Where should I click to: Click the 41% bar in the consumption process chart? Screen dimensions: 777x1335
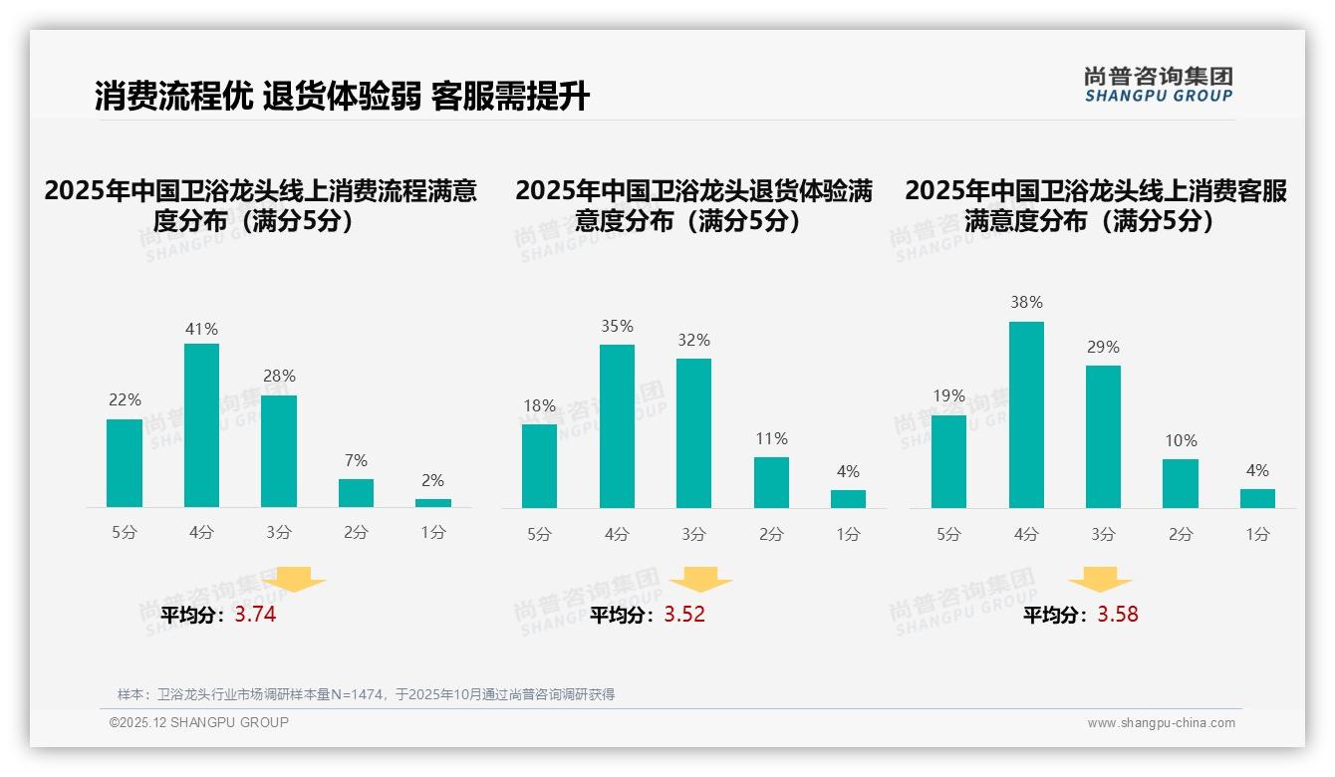(x=201, y=425)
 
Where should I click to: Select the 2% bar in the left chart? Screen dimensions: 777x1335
(x=433, y=503)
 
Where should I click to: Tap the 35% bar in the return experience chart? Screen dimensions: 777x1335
(x=617, y=426)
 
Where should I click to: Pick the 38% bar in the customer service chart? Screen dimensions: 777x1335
(x=1026, y=414)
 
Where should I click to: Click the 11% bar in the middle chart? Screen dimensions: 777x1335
(x=771, y=482)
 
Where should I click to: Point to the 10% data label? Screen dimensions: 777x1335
(x=1181, y=440)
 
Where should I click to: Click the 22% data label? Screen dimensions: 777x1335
(x=125, y=399)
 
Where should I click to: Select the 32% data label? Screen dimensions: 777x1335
(x=693, y=340)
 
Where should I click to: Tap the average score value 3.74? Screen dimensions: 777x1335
(x=255, y=615)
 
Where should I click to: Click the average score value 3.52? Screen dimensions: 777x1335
(x=684, y=615)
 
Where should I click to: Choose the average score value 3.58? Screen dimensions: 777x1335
(x=1118, y=615)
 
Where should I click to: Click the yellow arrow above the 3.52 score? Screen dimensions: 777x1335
(x=700, y=580)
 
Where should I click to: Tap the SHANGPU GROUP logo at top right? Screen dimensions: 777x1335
(x=1158, y=85)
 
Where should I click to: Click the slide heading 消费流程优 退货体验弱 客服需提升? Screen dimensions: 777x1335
(x=342, y=97)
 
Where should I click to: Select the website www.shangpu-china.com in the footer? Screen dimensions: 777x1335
(x=1161, y=723)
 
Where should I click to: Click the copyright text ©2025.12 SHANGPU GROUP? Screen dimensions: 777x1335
(x=199, y=722)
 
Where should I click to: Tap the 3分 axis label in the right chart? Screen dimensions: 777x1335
(x=1103, y=534)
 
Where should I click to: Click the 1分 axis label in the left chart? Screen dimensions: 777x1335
(x=433, y=533)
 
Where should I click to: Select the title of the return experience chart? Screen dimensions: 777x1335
(x=693, y=205)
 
